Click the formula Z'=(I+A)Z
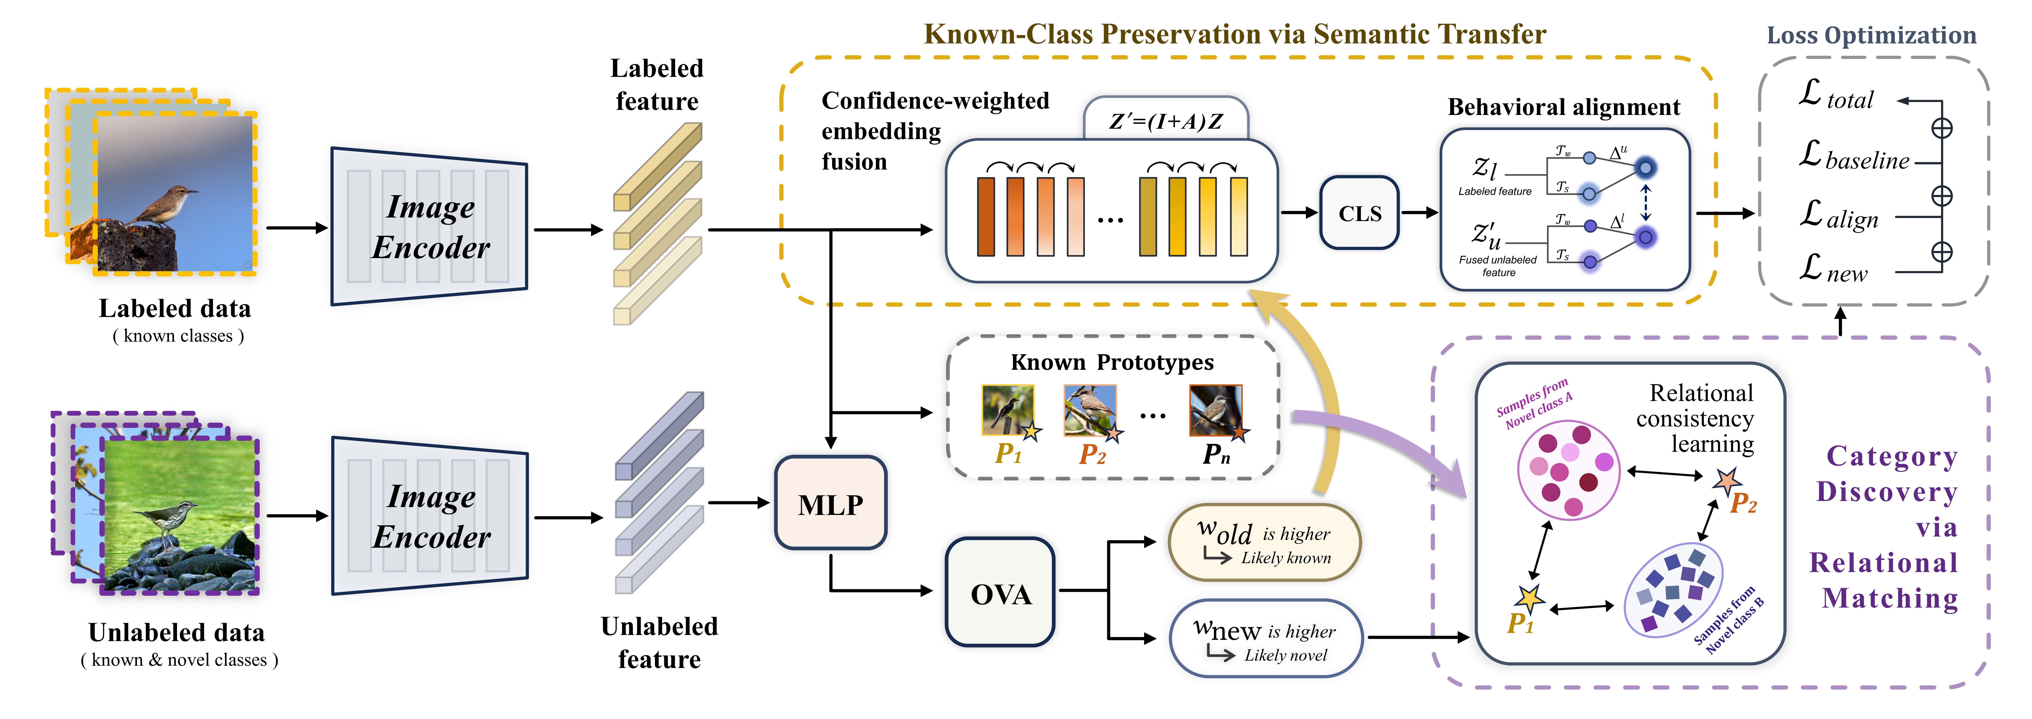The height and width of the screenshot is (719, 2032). tap(1166, 121)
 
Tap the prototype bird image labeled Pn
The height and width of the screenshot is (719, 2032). tap(1215, 410)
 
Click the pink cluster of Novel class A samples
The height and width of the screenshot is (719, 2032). tap(1568, 471)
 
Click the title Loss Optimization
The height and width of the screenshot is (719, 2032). tap(1871, 36)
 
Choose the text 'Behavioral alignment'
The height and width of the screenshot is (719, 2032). tap(1563, 107)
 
